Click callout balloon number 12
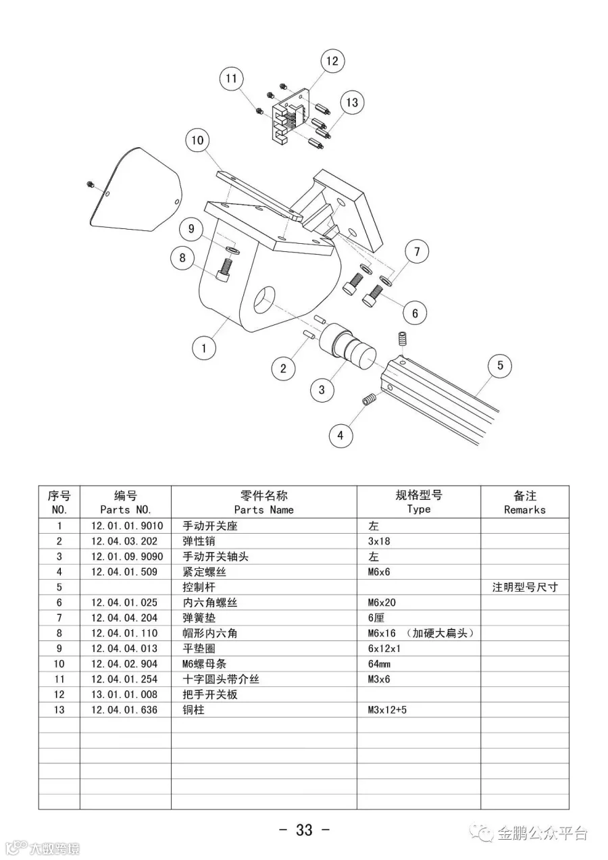(x=332, y=61)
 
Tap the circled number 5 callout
(x=500, y=365)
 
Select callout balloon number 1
(x=203, y=349)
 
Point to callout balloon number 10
(x=197, y=141)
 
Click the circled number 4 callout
(x=340, y=436)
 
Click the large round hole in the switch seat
(x=263, y=300)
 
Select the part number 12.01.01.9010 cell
(x=126, y=526)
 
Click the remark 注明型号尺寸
(x=525, y=587)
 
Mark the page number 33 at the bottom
(x=304, y=830)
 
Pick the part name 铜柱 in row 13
(x=194, y=710)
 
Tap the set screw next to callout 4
(x=370, y=400)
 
